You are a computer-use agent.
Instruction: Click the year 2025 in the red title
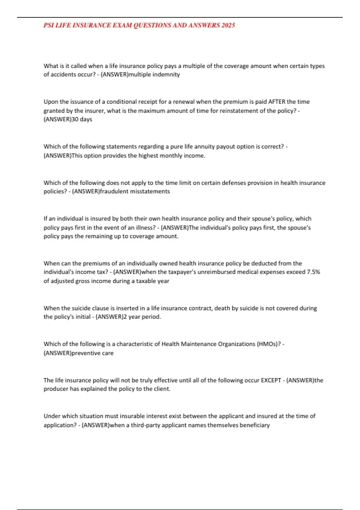[228, 25]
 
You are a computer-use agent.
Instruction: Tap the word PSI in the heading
[48, 25]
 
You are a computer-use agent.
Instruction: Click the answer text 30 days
[82, 119]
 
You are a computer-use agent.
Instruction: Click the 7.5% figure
[313, 272]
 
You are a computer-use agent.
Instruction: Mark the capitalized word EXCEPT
[271, 380]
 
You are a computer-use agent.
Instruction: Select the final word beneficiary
[255, 425]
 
